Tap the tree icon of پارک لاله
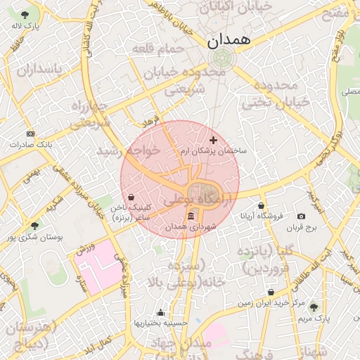(25, 15)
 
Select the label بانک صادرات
(26, 144)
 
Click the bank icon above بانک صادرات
(30, 133)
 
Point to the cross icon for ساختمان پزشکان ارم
(214, 141)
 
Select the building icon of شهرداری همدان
(191, 215)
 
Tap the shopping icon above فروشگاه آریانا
(262, 205)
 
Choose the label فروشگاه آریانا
(262, 216)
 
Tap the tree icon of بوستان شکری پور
(34, 226)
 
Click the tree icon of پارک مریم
(313, 307)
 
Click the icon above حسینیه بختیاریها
(160, 312)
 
